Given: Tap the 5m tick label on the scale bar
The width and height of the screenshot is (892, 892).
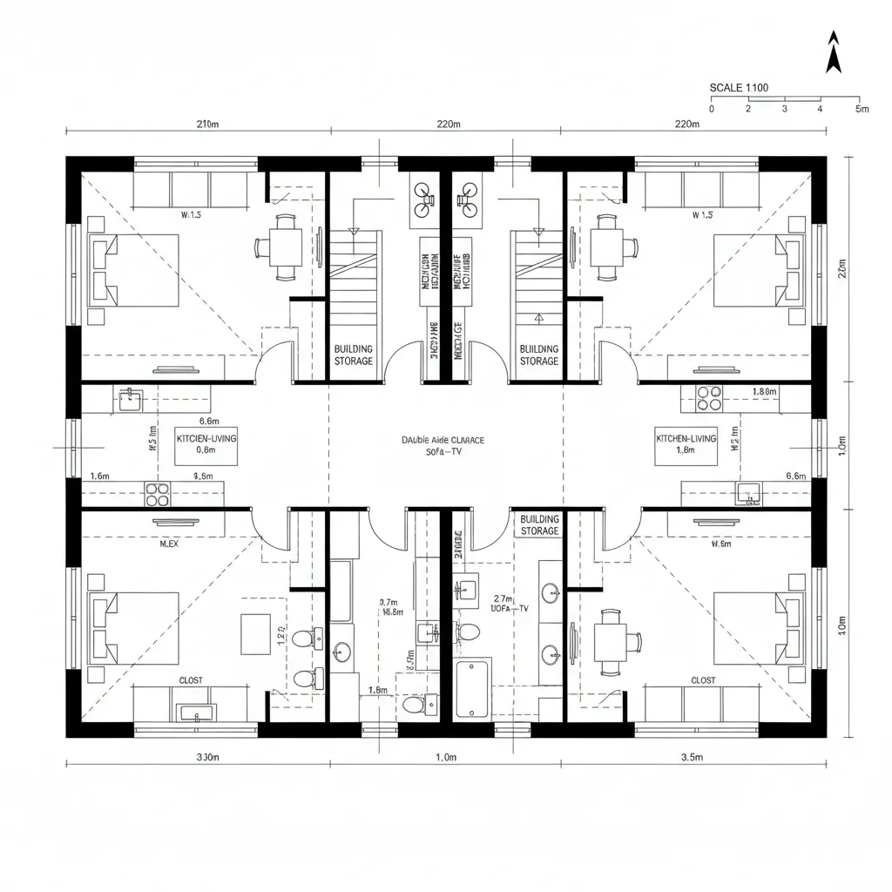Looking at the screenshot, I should (x=862, y=109).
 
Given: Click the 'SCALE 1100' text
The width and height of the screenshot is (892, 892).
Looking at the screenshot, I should (x=739, y=87).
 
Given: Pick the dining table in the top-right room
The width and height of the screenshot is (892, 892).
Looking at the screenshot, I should (x=606, y=247).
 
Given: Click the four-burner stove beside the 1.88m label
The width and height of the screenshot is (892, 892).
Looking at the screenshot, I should (x=708, y=397).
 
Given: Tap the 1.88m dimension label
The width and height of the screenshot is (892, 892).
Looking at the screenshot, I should (x=765, y=392).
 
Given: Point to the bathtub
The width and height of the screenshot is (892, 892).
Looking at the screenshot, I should (x=474, y=688).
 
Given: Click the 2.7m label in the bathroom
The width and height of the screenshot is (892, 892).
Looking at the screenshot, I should (x=503, y=599).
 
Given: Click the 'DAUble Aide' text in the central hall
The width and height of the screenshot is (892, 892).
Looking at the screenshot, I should (x=443, y=441).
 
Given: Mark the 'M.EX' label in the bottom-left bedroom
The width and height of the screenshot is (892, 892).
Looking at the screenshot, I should (x=169, y=544).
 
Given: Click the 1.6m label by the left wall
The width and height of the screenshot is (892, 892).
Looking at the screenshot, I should (x=100, y=476).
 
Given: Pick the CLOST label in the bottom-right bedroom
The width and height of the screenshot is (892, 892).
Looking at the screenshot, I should (x=703, y=680).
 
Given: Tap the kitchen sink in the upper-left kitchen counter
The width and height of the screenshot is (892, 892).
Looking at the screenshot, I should (x=130, y=400).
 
